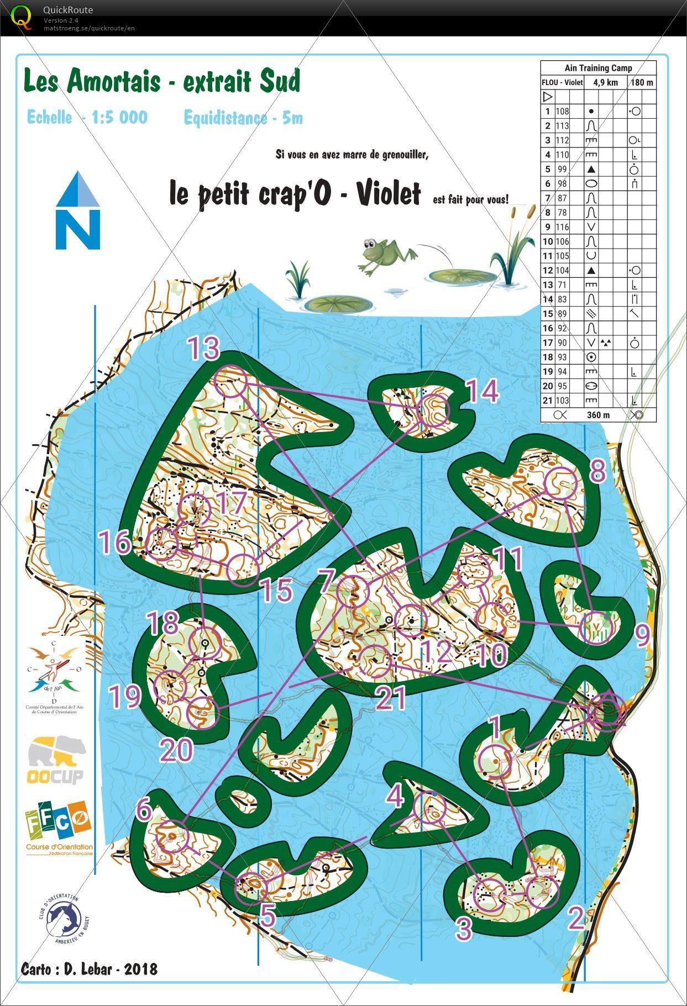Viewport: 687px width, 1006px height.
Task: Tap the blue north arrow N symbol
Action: [78, 212]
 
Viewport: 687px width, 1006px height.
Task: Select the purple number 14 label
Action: [483, 392]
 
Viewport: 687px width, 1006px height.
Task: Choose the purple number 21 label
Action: [391, 698]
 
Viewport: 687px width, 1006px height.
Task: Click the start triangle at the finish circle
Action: [606, 712]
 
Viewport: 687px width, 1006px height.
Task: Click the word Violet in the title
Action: [388, 193]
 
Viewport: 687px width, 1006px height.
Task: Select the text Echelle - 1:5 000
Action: [87, 117]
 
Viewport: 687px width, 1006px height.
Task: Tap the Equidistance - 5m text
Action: [243, 118]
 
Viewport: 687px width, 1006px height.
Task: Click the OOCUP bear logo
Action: [56, 760]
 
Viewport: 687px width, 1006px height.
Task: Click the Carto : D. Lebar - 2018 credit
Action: [89, 969]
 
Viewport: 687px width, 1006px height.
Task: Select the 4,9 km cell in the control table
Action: [605, 82]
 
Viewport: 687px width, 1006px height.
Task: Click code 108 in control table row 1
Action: [562, 111]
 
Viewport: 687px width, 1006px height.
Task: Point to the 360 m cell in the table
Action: [598, 414]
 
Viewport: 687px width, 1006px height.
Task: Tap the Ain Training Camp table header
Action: [598, 68]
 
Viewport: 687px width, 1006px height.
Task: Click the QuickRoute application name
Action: [67, 10]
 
